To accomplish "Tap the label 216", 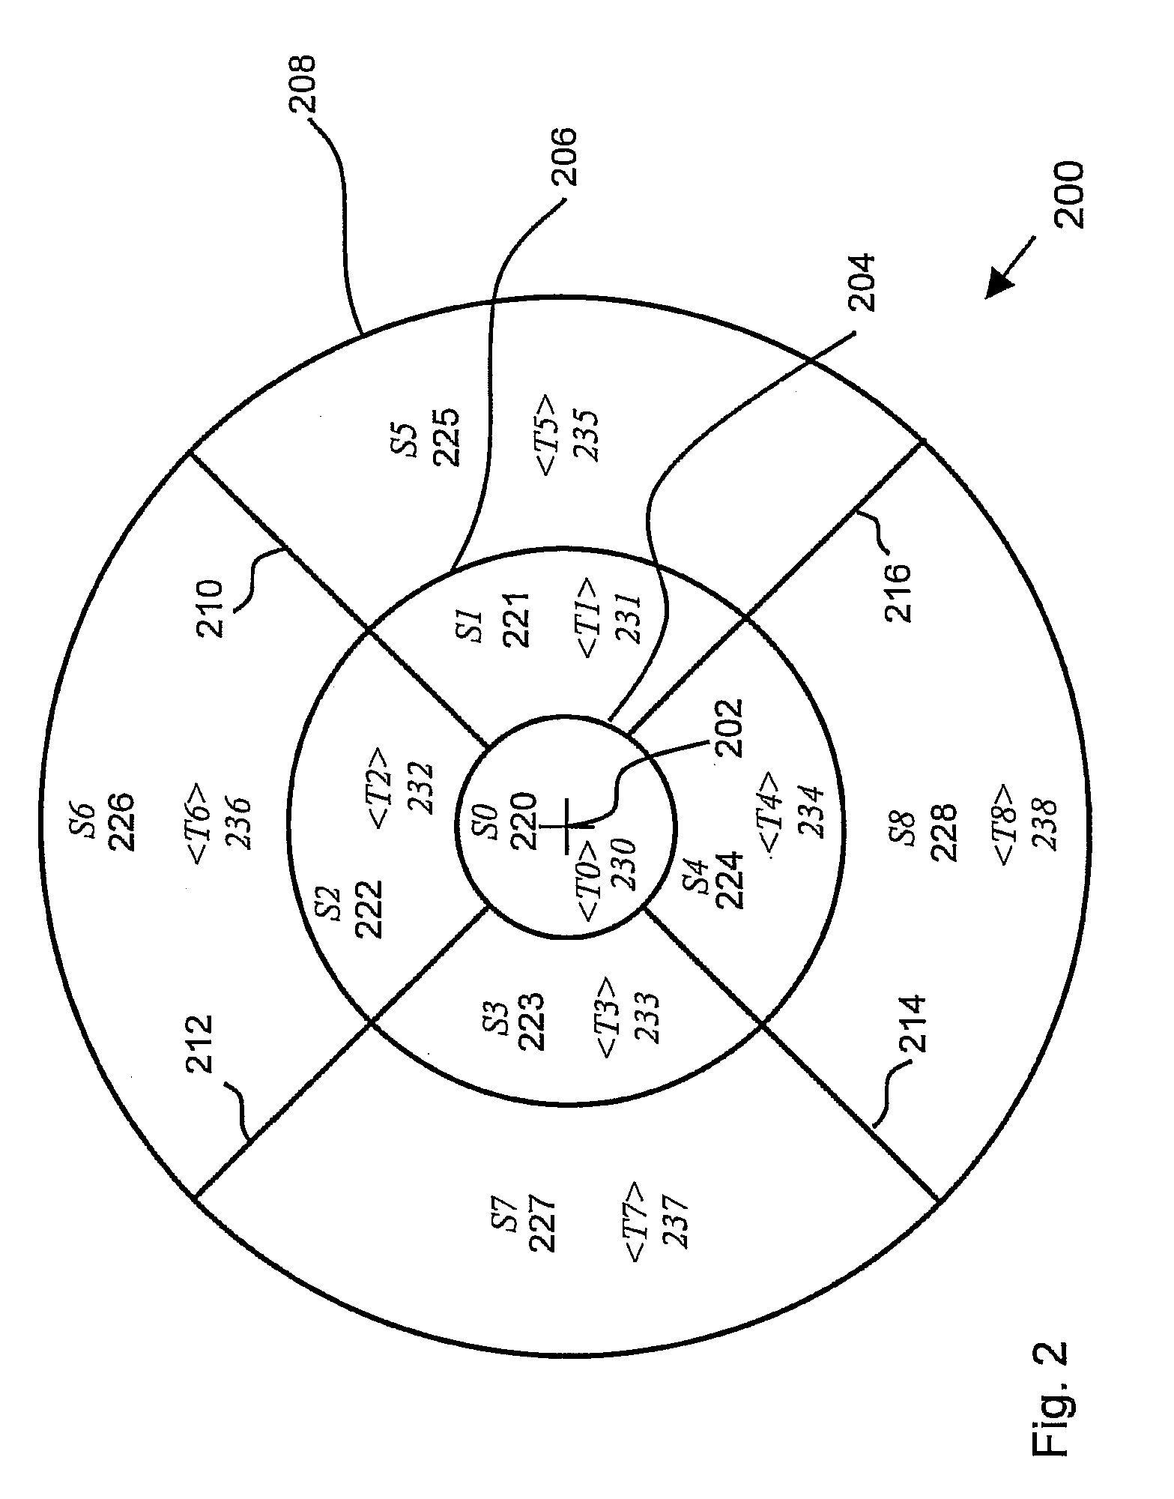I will [898, 592].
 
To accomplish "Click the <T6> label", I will [202, 822].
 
